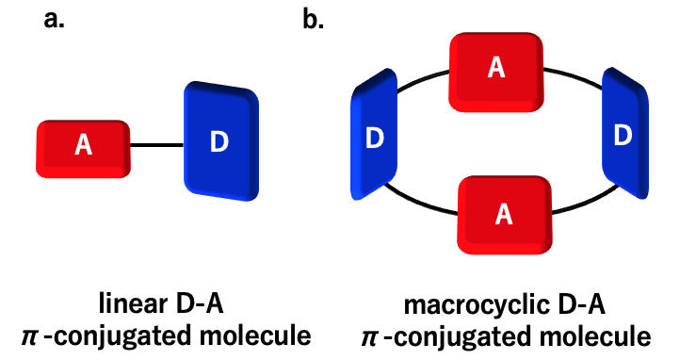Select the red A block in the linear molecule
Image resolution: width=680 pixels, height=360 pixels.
pyautogui.click(x=83, y=146)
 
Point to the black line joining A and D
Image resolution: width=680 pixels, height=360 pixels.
pyautogui.click(x=156, y=145)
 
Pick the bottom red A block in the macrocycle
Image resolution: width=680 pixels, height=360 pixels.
pyautogui.click(x=504, y=214)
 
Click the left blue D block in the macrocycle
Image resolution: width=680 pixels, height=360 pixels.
pyautogui.click(x=375, y=139)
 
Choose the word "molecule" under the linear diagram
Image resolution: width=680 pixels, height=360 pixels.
pyautogui.click(x=261, y=335)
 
